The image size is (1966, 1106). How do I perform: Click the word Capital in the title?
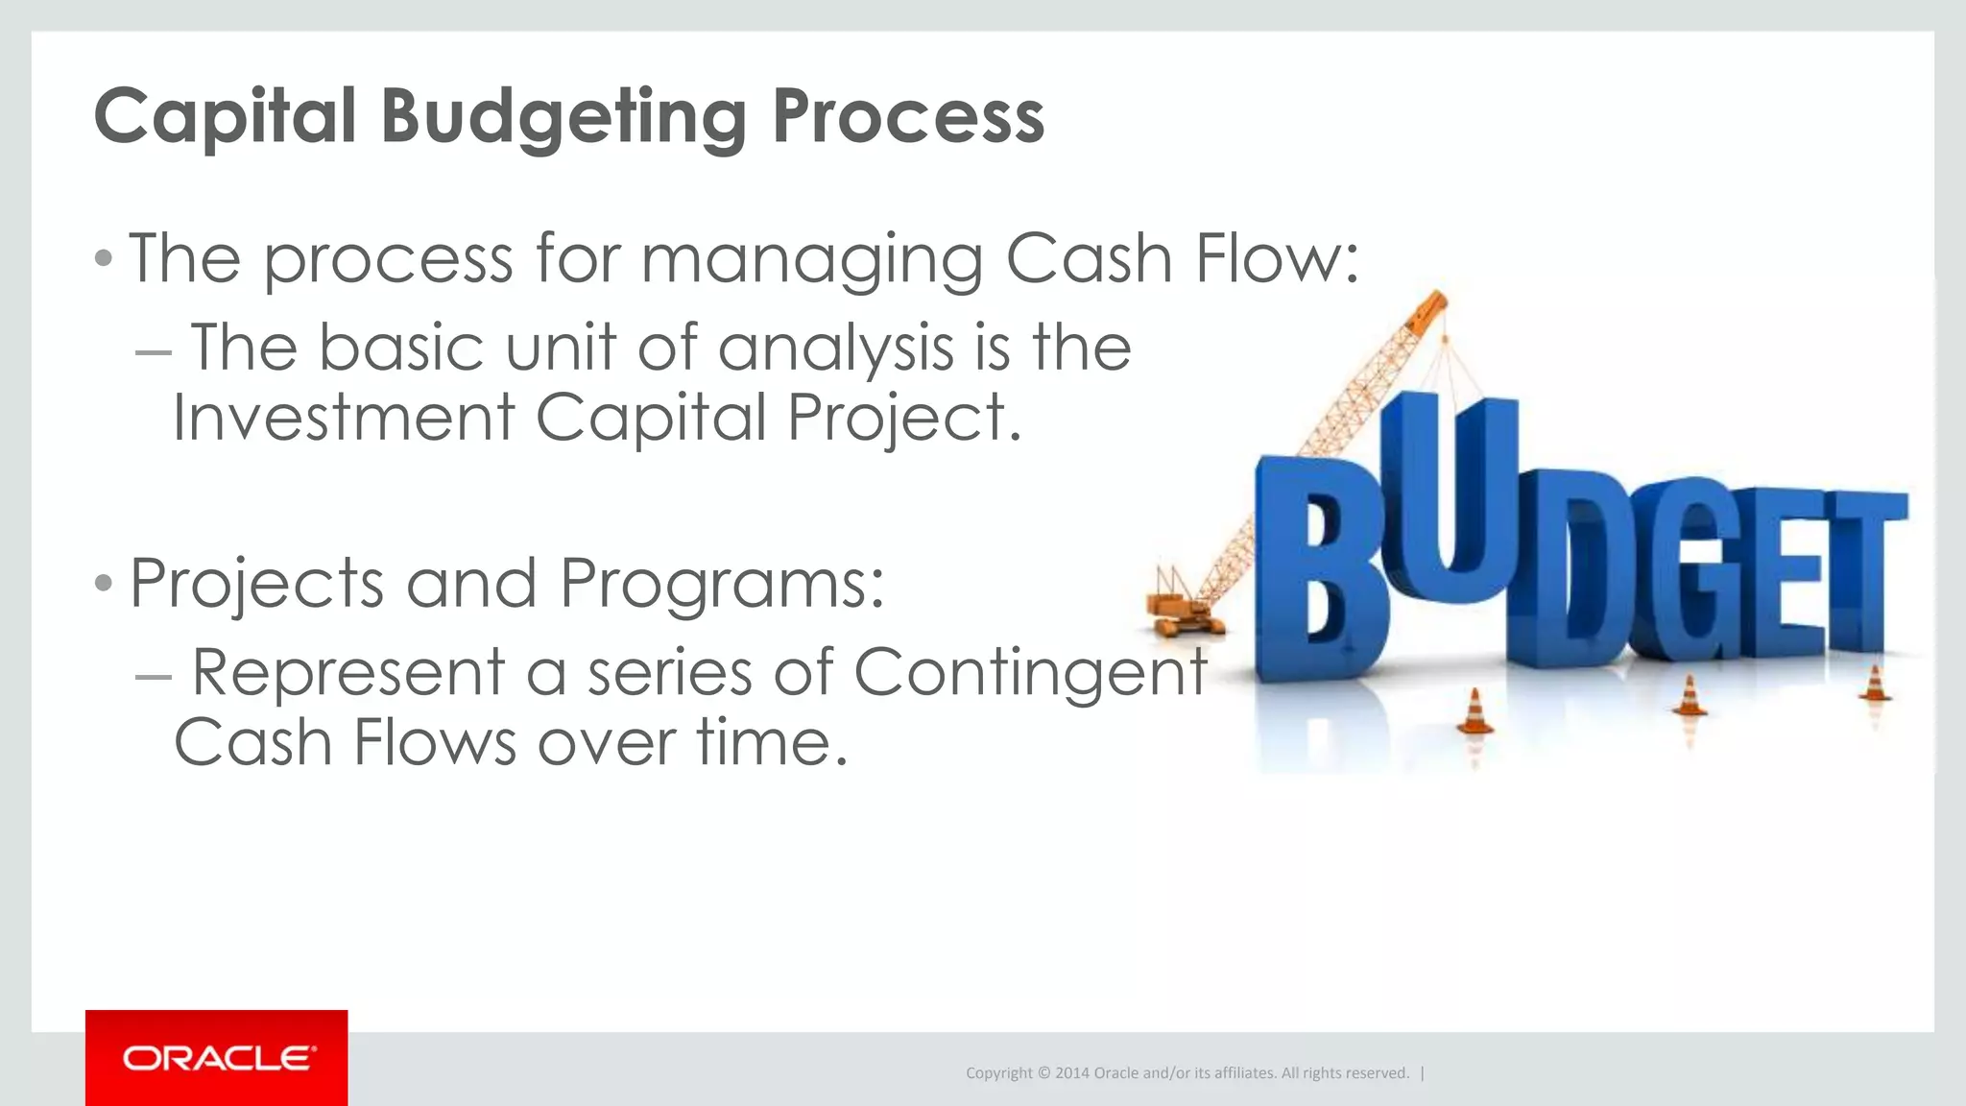coord(226,117)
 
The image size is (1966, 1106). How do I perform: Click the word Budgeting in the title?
coord(563,117)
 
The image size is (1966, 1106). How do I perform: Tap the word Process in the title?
coord(908,117)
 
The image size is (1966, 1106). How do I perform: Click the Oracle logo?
coord(217,1058)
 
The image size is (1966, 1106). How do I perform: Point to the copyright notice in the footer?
coord(1187,1072)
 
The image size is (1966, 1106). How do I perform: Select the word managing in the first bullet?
coord(812,259)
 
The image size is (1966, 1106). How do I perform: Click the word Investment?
coord(344,418)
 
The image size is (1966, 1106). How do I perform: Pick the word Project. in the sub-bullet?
coord(904,420)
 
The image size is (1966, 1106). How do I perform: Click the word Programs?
coord(722,584)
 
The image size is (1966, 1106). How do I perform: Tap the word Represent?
coord(348,671)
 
